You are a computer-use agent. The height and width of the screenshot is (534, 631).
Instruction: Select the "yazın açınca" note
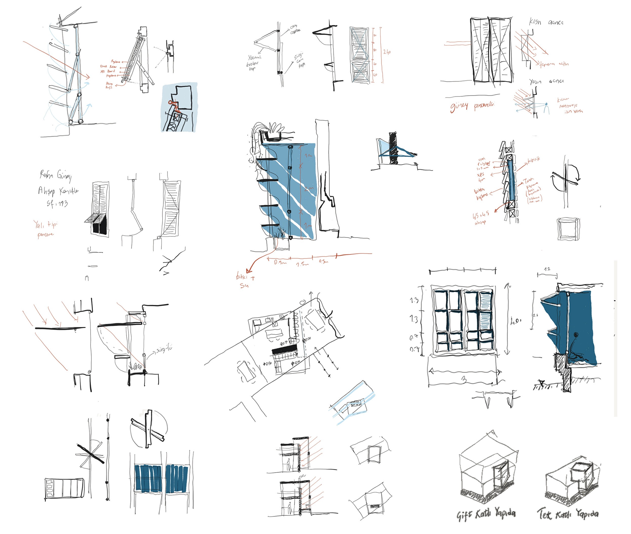(546, 81)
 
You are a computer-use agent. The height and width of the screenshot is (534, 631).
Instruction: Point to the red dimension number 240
(387, 52)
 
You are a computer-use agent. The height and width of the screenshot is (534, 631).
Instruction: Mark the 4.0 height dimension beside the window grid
(516, 321)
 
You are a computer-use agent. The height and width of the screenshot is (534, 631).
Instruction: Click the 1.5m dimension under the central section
(302, 264)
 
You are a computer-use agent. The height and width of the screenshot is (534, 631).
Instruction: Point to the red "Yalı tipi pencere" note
(45, 229)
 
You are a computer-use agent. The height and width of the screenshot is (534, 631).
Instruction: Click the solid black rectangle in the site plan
(284, 350)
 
